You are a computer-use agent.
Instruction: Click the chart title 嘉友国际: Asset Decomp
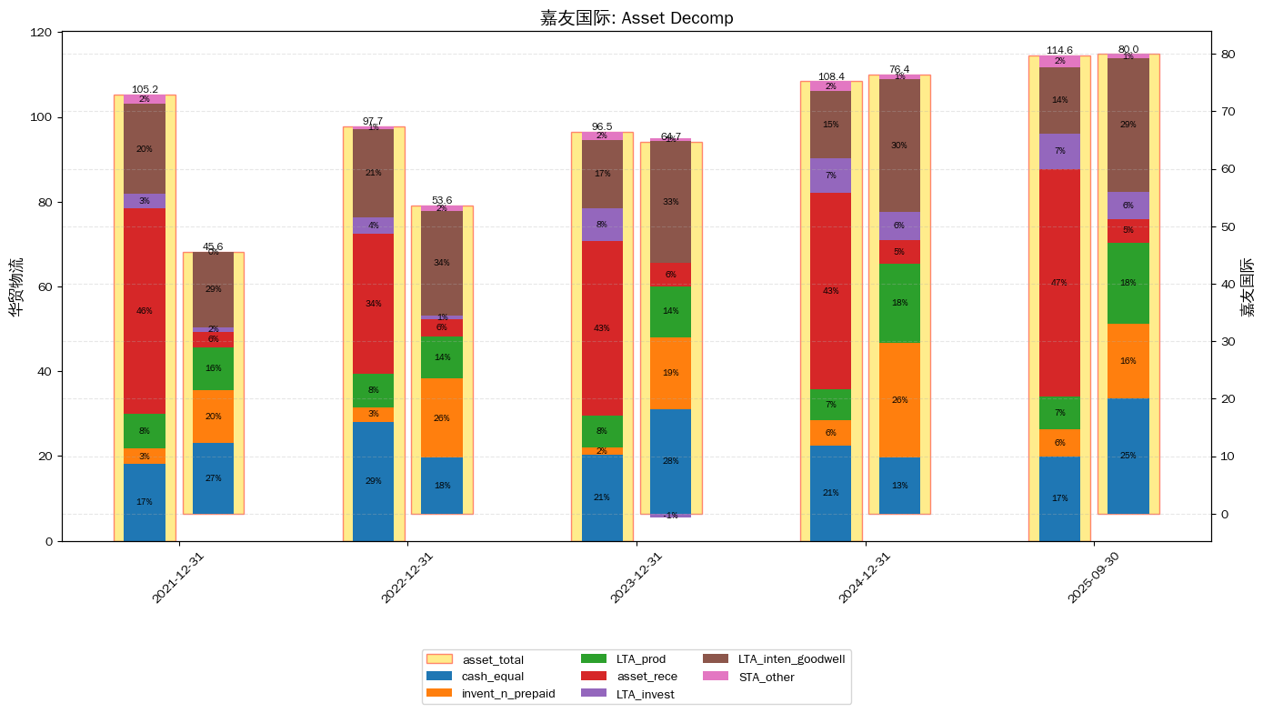click(x=637, y=18)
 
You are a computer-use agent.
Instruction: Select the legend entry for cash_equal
click(x=492, y=676)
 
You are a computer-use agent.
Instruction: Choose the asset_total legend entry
click(x=492, y=659)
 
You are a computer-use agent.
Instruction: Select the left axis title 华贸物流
click(x=16, y=286)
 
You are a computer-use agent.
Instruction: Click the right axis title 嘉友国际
click(x=1248, y=286)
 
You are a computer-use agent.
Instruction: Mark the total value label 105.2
click(x=145, y=90)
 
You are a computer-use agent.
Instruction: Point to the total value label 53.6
click(x=442, y=200)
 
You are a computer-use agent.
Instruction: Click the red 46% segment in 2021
click(x=145, y=311)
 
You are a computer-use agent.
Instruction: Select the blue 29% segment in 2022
click(x=373, y=481)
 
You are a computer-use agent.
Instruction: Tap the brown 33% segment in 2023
click(x=670, y=202)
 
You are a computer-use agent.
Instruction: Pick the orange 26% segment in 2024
click(x=899, y=400)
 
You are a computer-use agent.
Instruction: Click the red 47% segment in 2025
click(x=1059, y=283)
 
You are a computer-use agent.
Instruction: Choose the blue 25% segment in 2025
click(x=1128, y=456)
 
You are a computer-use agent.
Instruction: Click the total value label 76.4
click(x=899, y=69)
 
